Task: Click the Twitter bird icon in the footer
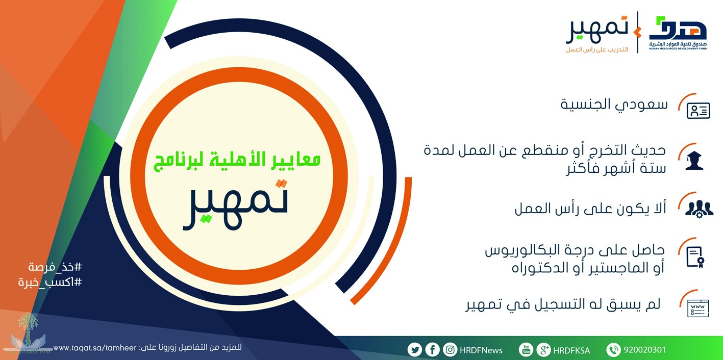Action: tap(415, 350)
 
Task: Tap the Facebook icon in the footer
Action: tap(433, 349)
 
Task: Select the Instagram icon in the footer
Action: tap(450, 349)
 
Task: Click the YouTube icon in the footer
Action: tap(526, 349)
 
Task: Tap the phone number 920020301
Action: tap(644, 350)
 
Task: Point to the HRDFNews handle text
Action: tap(481, 350)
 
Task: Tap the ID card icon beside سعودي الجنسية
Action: tap(699, 111)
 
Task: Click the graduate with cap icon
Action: tap(694, 161)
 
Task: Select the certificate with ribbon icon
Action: tap(695, 258)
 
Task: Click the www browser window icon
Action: tap(698, 308)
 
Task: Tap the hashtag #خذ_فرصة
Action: tap(55, 267)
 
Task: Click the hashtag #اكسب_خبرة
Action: tap(50, 282)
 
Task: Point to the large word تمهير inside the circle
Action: tap(235, 204)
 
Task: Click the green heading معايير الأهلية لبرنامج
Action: tap(237, 160)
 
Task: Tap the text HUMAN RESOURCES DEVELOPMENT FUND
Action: tap(678, 49)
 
